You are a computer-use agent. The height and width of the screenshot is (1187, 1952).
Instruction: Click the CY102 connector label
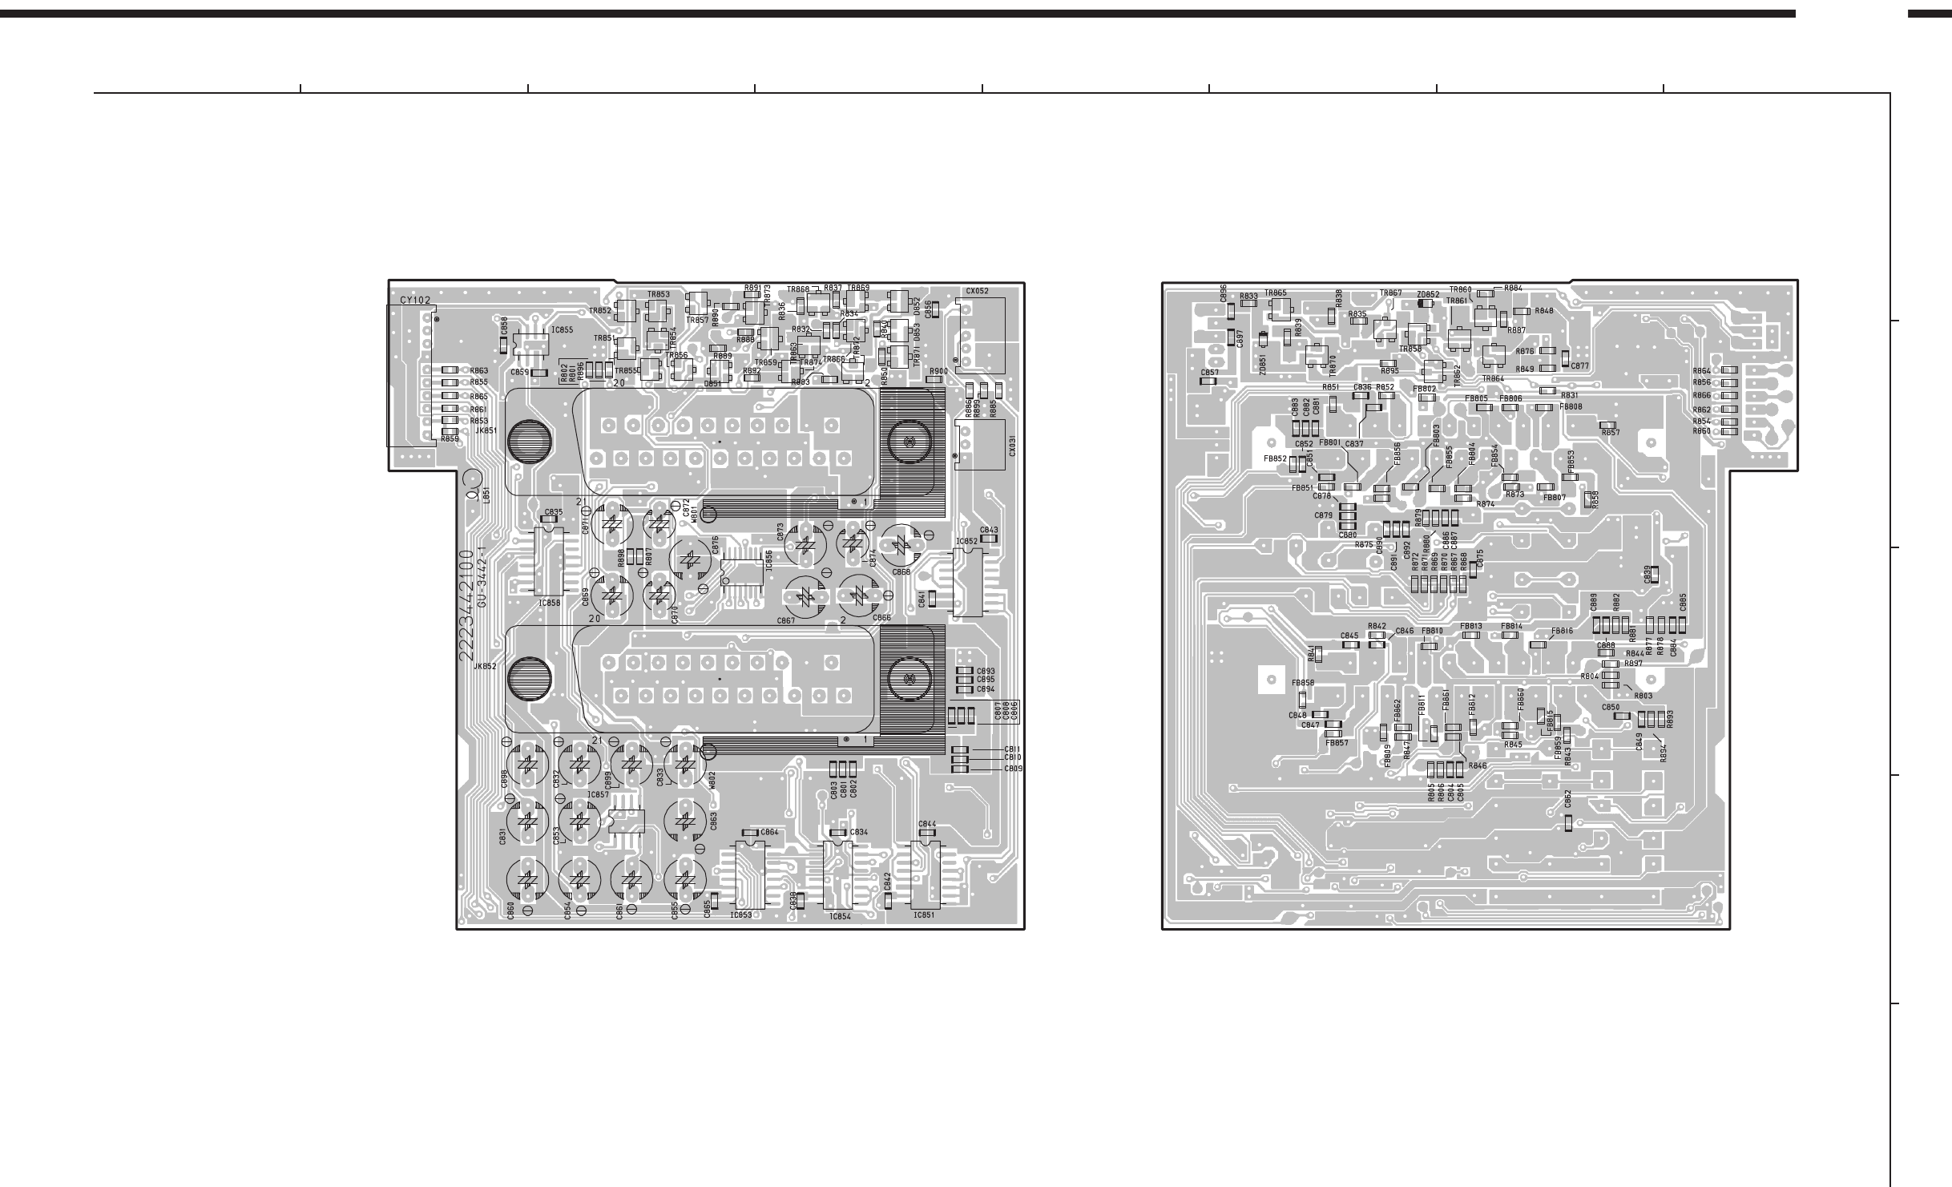coord(415,301)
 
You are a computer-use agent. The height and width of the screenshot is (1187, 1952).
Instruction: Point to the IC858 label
coord(550,603)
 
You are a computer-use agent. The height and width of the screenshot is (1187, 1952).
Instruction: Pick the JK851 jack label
coord(486,430)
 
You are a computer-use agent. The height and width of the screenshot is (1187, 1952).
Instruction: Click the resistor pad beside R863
coord(450,370)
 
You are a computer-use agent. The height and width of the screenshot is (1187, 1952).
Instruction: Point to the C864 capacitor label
coord(769,833)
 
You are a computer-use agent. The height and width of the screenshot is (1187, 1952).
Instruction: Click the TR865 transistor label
coord(1276,293)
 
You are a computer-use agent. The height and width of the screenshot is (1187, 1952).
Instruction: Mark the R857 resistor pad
coord(1607,424)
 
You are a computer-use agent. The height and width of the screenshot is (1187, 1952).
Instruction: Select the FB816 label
coord(1562,631)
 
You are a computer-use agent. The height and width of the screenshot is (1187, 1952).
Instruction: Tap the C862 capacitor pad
coord(1568,822)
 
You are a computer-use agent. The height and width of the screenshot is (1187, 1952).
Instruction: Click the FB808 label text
coord(1571,406)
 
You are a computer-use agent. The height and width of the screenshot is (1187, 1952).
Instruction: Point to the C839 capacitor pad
coord(1654,598)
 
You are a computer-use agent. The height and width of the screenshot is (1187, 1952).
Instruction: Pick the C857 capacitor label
coord(1210,373)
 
